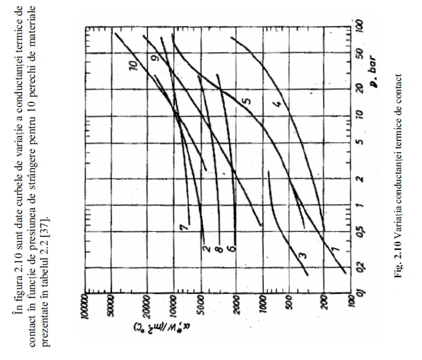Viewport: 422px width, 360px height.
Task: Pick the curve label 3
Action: click(302, 255)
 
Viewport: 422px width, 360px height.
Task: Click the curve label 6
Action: click(232, 249)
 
